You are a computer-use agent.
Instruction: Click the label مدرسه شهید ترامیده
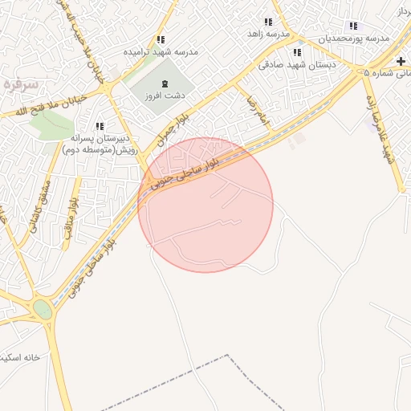(161, 51)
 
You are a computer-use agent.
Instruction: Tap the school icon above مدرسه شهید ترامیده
(161, 39)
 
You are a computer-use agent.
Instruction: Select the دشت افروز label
(164, 95)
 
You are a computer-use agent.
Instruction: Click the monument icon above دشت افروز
(165, 83)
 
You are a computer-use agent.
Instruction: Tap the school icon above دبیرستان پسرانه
(100, 126)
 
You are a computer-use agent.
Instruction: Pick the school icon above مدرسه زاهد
(267, 22)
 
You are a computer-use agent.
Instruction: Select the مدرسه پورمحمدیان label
(355, 38)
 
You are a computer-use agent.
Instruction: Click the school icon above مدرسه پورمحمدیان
(353, 26)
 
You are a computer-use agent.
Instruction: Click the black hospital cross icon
(401, 61)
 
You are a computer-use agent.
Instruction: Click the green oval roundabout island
(42, 310)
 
